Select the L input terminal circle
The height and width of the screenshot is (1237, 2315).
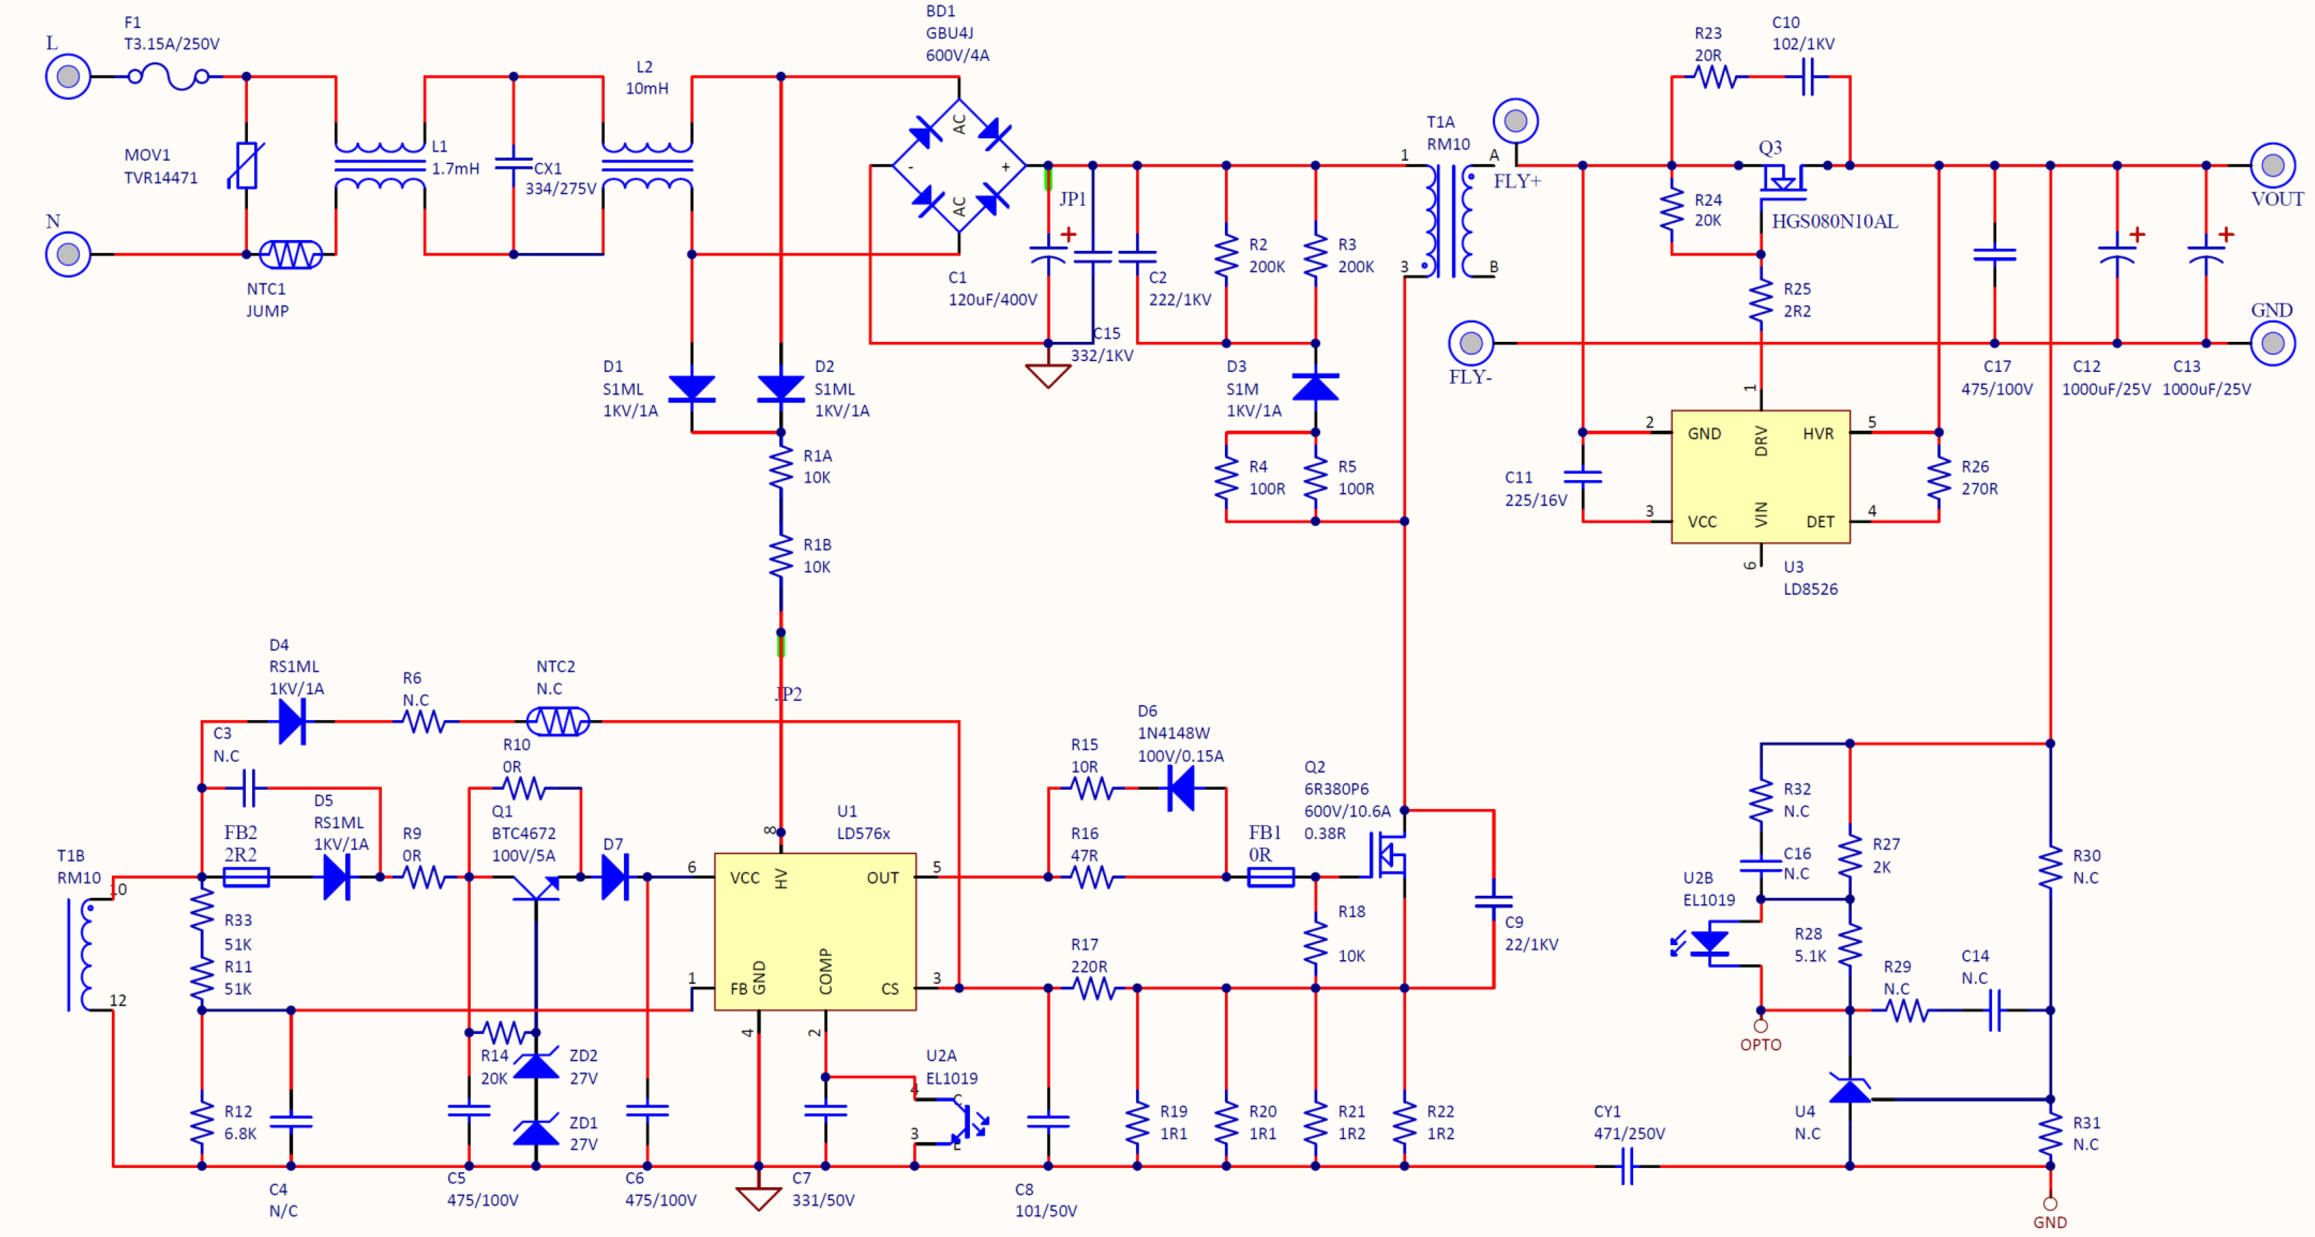click(68, 77)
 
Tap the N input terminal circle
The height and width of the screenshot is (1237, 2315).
click(68, 254)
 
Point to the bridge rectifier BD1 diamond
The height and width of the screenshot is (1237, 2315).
click(959, 165)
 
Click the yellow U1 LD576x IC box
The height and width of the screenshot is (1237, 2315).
click(815, 931)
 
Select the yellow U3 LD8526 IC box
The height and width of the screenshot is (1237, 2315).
click(1761, 476)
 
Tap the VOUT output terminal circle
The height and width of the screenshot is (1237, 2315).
click(2273, 165)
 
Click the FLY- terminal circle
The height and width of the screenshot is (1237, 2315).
click(1471, 343)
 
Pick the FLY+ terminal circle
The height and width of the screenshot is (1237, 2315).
click(1516, 120)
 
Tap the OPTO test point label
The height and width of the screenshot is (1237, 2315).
click(1761, 1045)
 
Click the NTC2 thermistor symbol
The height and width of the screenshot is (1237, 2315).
click(558, 721)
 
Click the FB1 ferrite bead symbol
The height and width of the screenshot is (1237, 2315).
click(1271, 876)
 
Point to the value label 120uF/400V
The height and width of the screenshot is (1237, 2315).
click(992, 299)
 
